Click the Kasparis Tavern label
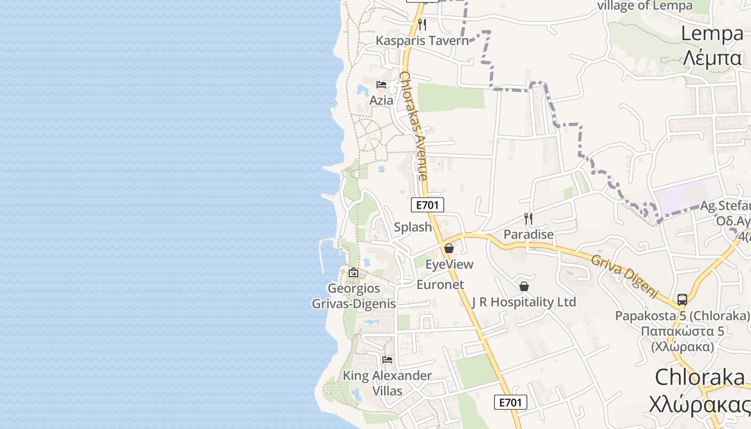422,40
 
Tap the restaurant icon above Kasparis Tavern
422,25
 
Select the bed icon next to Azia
381,85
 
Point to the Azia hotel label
381,100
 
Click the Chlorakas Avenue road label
414,126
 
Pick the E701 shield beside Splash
428,204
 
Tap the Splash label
413,227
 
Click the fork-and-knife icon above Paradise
528,218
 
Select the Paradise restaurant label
528,234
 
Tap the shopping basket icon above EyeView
449,248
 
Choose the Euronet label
440,285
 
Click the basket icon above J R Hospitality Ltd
524,286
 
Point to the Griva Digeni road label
624,276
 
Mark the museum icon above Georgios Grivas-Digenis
354,272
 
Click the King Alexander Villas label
387,383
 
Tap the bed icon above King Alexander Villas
387,359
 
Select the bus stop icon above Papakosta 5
682,299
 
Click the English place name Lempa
712,33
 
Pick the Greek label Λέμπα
712,57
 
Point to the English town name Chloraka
700,378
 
